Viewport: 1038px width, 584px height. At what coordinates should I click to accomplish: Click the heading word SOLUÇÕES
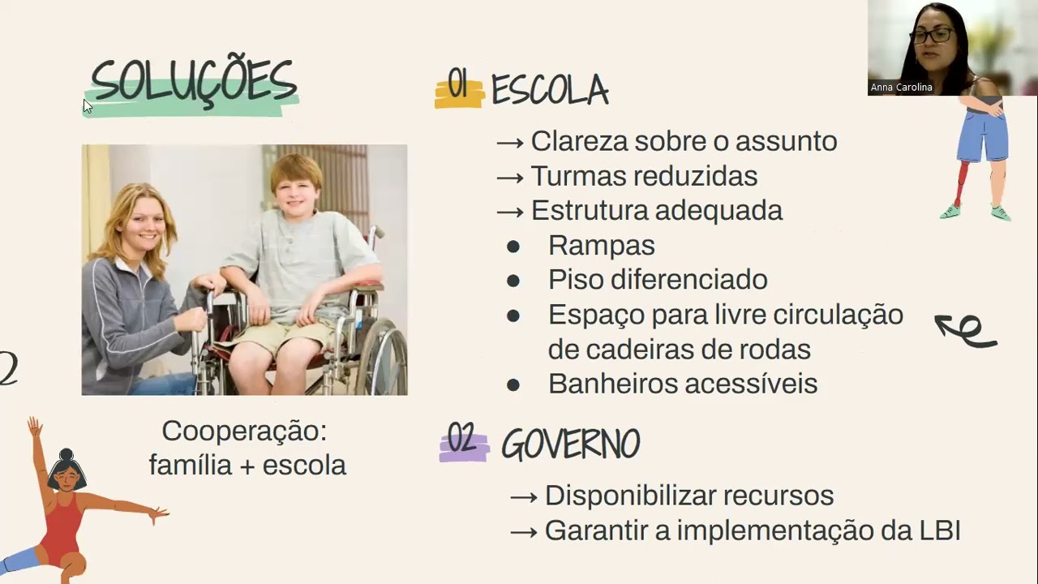pyautogui.click(x=193, y=83)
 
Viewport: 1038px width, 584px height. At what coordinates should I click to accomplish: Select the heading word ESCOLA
pyautogui.click(x=550, y=90)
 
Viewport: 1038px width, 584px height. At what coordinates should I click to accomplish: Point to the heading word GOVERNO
pyautogui.click(x=570, y=444)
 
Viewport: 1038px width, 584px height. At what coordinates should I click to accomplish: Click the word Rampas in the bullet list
pyautogui.click(x=601, y=245)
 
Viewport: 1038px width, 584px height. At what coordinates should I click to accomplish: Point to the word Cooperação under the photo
pyautogui.click(x=244, y=431)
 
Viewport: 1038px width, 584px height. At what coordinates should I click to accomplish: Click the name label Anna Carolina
pyautogui.click(x=901, y=88)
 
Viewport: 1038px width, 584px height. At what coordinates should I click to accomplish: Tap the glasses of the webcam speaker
pyautogui.click(x=931, y=36)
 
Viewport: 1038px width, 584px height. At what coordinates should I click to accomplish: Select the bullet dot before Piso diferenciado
pyautogui.click(x=513, y=281)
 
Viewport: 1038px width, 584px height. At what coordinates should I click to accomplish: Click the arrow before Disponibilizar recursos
pyautogui.click(x=524, y=496)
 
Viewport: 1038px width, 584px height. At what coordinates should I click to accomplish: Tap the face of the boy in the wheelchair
pyautogui.click(x=296, y=187)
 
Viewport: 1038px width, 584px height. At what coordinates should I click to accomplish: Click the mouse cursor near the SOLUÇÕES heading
pyautogui.click(x=88, y=105)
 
